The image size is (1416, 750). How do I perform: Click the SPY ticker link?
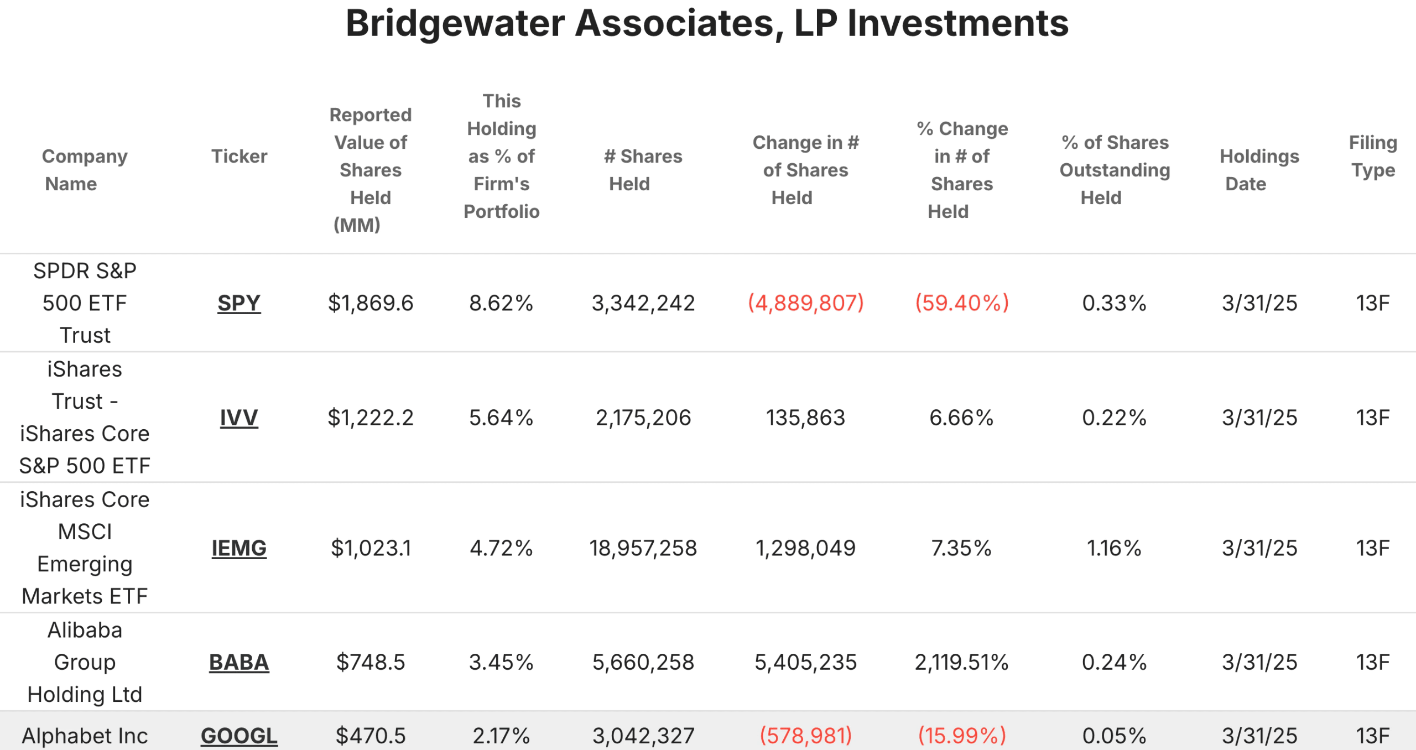coord(239,303)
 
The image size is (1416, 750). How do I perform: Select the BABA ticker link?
coord(239,662)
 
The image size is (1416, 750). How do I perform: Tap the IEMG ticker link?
coord(239,548)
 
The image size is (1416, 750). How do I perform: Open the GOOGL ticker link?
coord(239,736)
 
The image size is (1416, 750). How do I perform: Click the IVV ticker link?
coord(239,418)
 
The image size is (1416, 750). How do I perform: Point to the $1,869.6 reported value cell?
coord(371,303)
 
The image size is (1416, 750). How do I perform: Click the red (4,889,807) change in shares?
coord(805,303)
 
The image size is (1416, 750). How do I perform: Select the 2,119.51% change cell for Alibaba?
coord(961,662)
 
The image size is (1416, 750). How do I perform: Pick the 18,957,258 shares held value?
coord(643,548)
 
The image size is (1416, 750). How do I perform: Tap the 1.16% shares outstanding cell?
coord(1114,548)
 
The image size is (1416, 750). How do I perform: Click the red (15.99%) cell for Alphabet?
coord(962,736)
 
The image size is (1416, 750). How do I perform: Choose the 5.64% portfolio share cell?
coord(501,418)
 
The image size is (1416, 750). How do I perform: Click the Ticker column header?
coord(239,157)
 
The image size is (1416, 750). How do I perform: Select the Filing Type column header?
coord(1373,157)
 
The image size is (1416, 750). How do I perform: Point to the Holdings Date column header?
coord(1259,170)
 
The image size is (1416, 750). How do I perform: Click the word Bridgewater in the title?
coord(455,23)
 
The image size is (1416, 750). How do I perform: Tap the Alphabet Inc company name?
coord(85,736)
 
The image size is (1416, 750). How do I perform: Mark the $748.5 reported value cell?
coord(371,662)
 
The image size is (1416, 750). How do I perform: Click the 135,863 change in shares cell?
coord(805,418)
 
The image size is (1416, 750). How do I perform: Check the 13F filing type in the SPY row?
coord(1373,303)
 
